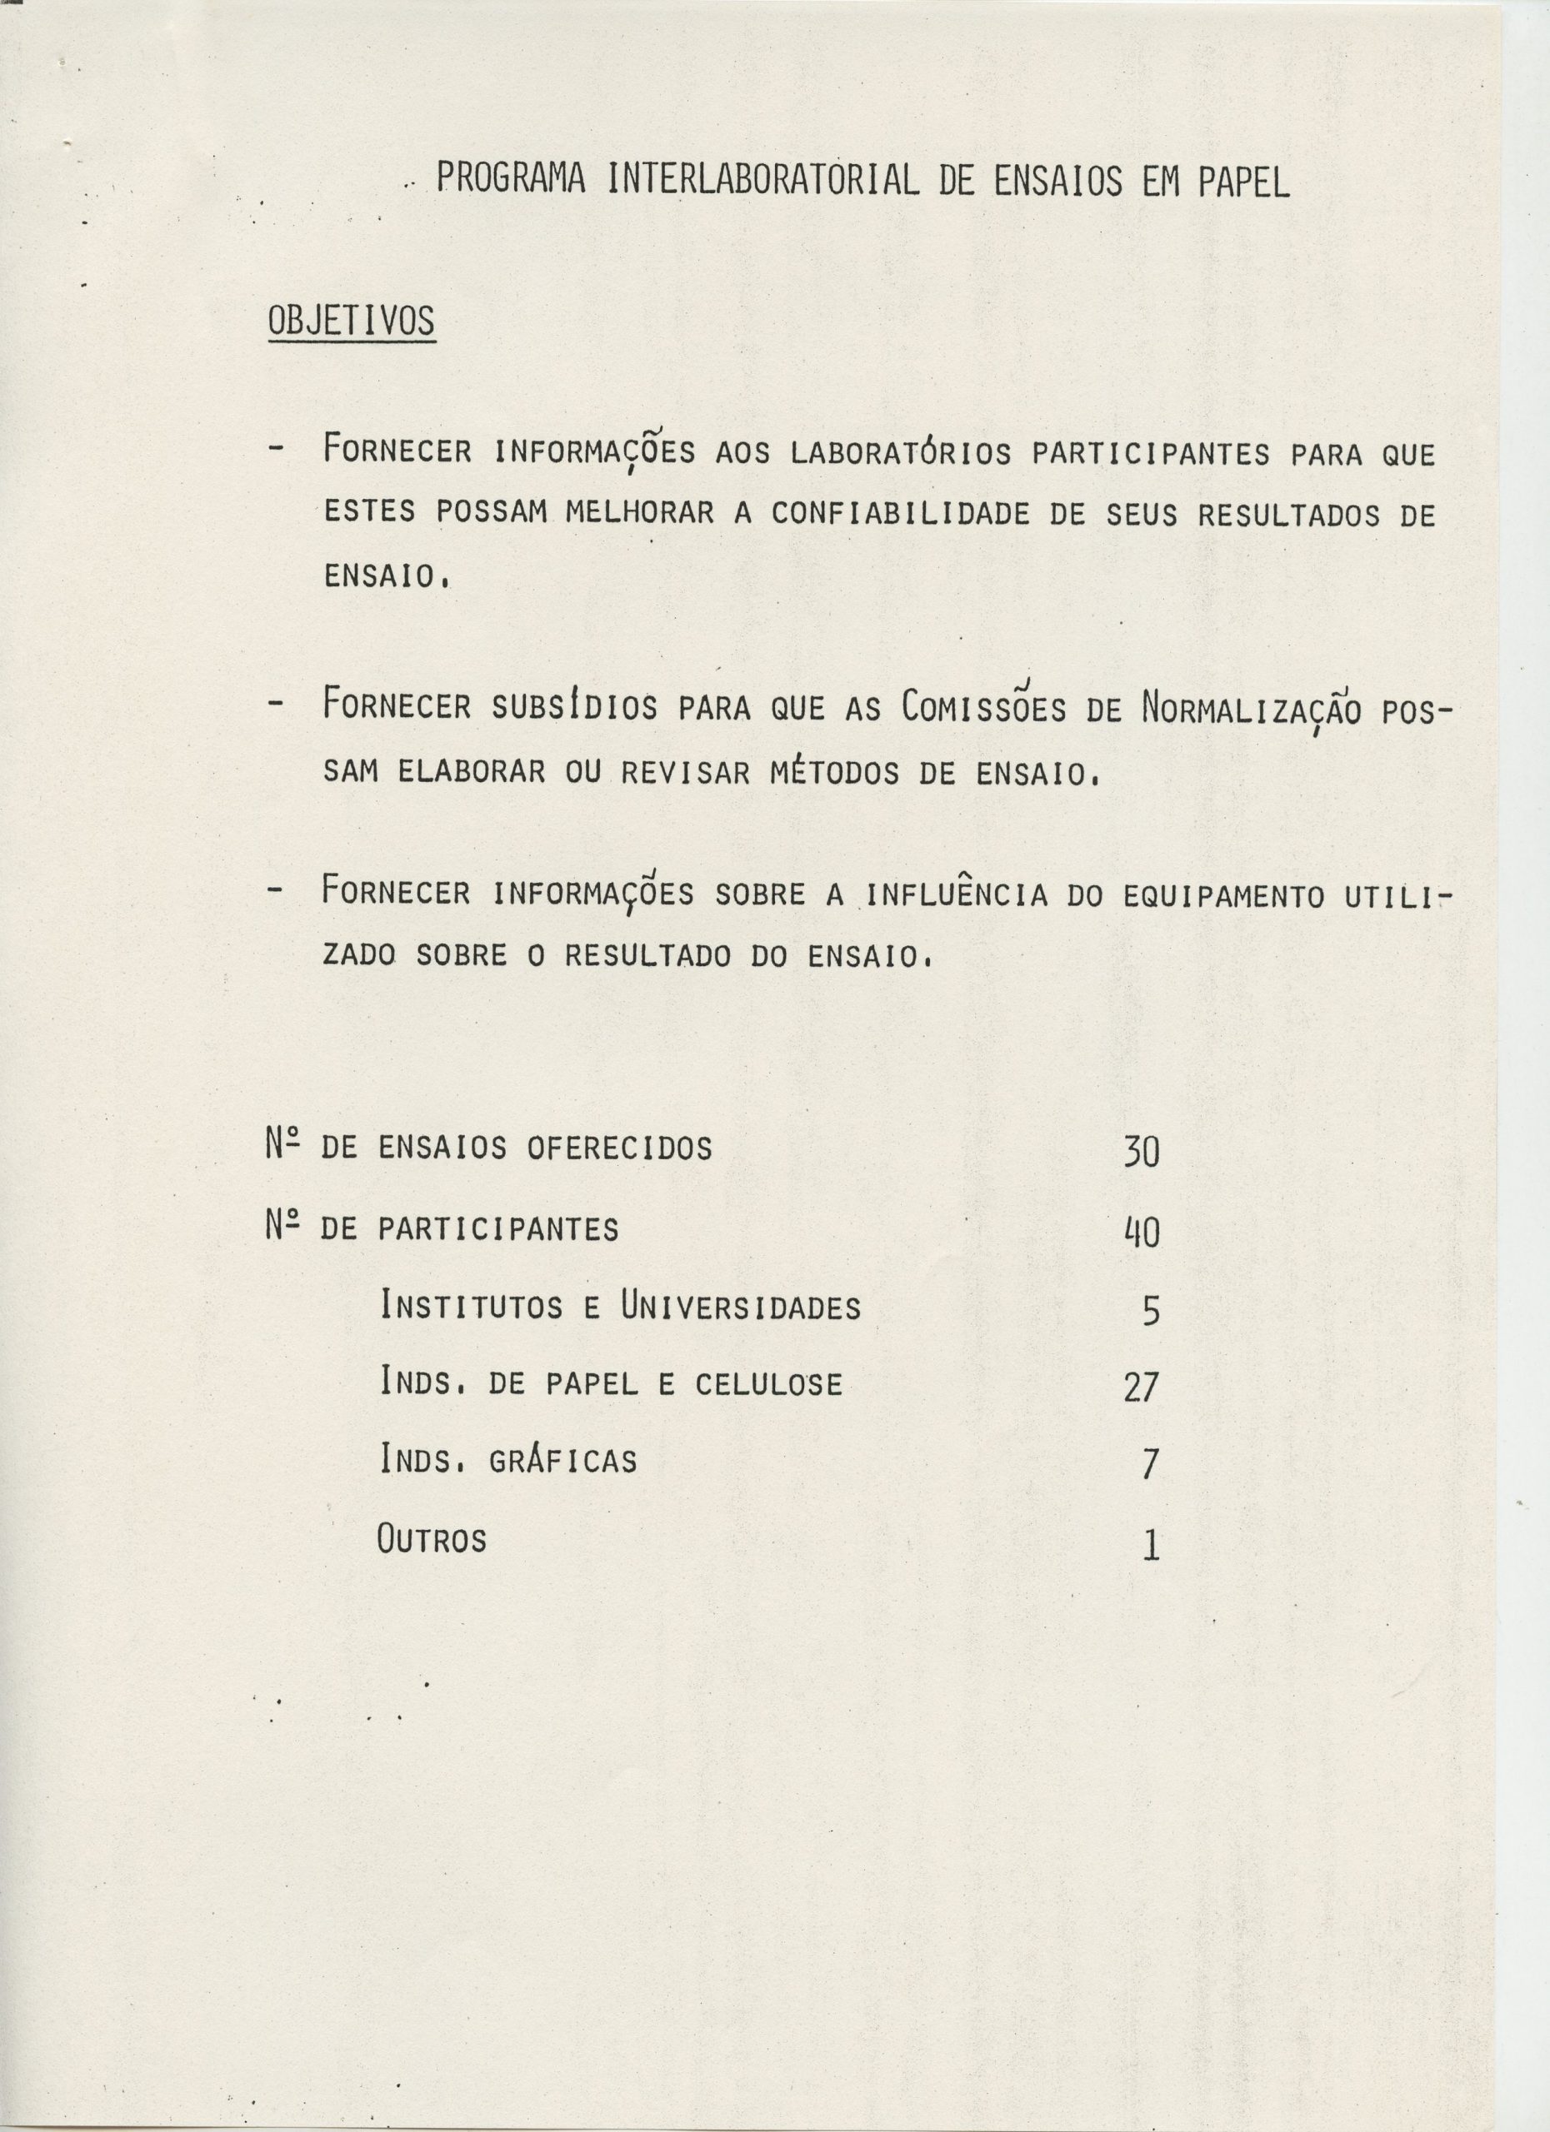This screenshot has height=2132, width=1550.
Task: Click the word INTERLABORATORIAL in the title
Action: point(763,180)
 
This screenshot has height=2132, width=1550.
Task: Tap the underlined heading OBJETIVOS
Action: point(352,321)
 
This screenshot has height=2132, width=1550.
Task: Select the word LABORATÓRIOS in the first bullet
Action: point(900,454)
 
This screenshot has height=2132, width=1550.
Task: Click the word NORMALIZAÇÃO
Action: point(1251,706)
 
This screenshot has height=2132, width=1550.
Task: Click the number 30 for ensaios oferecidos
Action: point(1141,1152)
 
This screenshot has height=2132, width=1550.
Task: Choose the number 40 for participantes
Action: point(1142,1232)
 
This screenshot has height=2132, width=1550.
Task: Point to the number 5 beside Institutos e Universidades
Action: point(1151,1310)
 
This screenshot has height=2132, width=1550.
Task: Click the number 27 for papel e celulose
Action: point(1141,1387)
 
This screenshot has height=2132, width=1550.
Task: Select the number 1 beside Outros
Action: point(1151,1546)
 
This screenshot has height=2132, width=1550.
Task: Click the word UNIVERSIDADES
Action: point(740,1307)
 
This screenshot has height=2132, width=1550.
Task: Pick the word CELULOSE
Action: point(768,1384)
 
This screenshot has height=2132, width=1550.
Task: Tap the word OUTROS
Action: point(432,1539)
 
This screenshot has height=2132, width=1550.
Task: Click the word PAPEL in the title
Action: point(1243,182)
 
